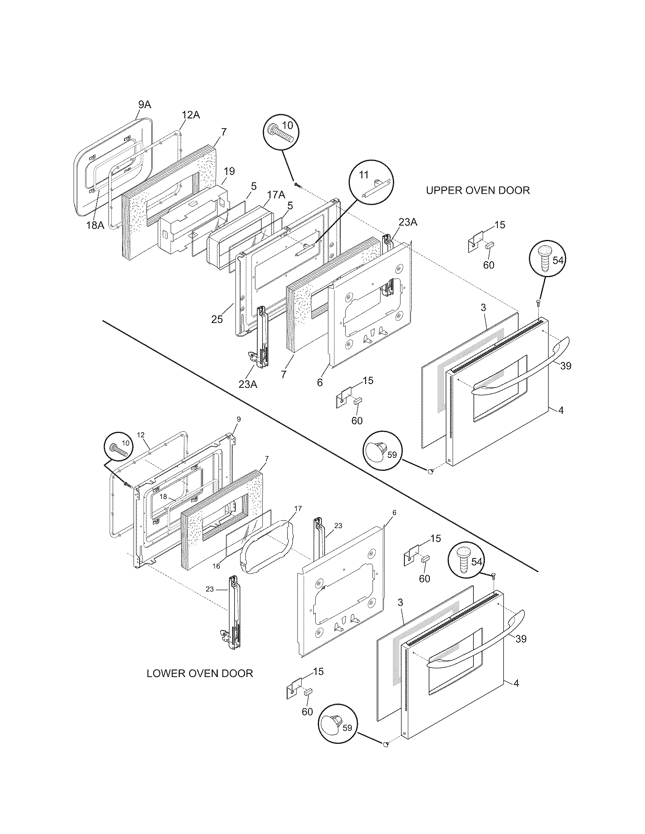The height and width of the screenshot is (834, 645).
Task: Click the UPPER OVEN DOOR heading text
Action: [478, 190]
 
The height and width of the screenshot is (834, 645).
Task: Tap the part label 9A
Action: [145, 104]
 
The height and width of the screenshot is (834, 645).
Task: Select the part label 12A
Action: [190, 114]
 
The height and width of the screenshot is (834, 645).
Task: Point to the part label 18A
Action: [95, 225]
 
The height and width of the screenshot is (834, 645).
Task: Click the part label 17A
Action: [275, 195]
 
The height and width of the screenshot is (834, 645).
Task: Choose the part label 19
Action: [229, 171]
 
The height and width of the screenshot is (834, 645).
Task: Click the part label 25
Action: [217, 319]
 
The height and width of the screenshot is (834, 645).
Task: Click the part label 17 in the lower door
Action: [298, 508]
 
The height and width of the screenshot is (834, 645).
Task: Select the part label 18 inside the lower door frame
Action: [163, 497]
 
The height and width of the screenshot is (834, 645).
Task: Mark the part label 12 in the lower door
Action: [140, 435]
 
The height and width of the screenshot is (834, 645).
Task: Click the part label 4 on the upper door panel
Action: [560, 410]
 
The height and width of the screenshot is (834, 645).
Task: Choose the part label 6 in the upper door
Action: [319, 382]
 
